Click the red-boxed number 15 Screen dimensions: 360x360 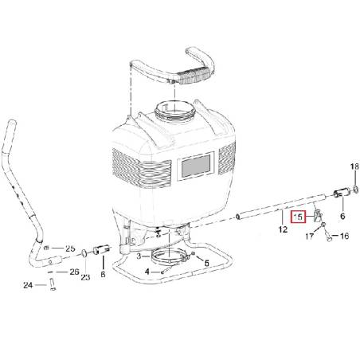[x=298, y=217]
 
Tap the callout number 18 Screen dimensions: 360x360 [x=354, y=166]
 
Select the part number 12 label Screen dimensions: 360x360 [x=283, y=229]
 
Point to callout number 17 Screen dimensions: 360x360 [x=309, y=236]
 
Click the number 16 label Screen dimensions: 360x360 [x=344, y=236]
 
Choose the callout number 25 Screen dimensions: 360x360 [x=70, y=248]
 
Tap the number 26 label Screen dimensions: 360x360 [x=75, y=272]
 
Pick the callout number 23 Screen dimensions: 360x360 [x=85, y=277]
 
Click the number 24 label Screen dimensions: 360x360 [x=28, y=285]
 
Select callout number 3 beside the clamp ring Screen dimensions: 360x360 [x=139, y=256]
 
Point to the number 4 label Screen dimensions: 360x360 [x=147, y=272]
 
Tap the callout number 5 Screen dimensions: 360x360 [x=206, y=263]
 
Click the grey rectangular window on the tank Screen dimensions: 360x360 [x=195, y=166]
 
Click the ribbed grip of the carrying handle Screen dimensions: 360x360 [x=194, y=75]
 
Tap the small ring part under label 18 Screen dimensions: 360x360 [x=356, y=190]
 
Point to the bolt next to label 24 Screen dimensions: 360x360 [x=53, y=284]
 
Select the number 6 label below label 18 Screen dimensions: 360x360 [x=342, y=216]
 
